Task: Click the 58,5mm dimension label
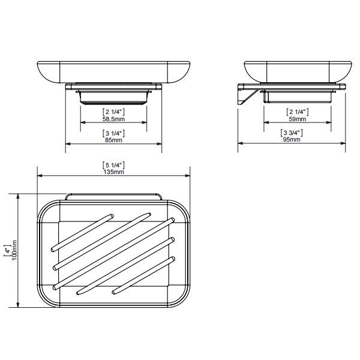coord(113,119)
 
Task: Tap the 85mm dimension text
coord(113,140)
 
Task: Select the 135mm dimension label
coord(113,172)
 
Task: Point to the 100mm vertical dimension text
coord(14,250)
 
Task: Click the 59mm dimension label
coord(298,119)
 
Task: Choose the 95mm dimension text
coord(292,139)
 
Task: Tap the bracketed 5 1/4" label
coord(113,166)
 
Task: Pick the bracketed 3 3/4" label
coord(292,133)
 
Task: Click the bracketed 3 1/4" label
coord(113,133)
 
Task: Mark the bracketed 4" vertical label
coord(8,250)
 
